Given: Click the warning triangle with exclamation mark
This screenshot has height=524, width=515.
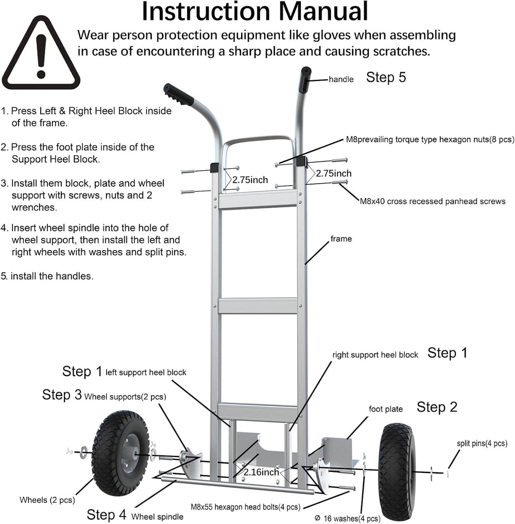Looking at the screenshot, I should (41, 54).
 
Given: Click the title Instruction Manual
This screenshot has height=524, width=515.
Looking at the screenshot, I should (255, 12).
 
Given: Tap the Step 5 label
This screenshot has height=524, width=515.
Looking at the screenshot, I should (386, 77).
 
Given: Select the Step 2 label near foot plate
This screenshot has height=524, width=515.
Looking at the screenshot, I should (437, 407).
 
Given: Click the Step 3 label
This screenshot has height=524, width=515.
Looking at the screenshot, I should (62, 395).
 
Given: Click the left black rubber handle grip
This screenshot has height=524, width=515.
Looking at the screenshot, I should (178, 94).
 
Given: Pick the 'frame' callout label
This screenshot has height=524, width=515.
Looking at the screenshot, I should (341, 239).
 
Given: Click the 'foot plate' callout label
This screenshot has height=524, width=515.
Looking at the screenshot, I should (386, 409).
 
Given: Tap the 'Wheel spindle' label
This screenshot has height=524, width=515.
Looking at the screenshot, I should (157, 516).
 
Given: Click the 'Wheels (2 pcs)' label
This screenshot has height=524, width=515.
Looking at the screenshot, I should (47, 500).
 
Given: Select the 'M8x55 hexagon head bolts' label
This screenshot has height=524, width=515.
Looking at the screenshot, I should (245, 507).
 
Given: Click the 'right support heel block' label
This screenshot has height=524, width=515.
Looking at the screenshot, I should (375, 355).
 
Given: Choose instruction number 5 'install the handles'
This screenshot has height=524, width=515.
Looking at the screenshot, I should (47, 276).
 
